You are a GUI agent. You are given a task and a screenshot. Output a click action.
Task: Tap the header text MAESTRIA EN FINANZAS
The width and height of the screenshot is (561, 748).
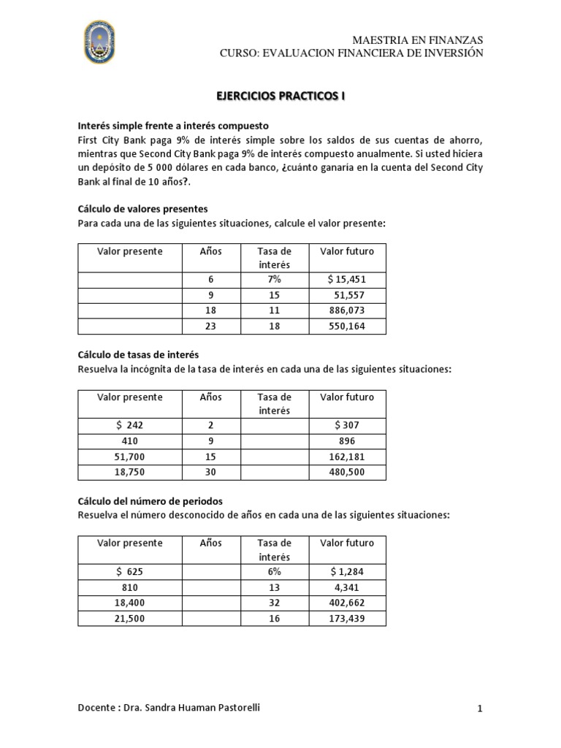[417, 39]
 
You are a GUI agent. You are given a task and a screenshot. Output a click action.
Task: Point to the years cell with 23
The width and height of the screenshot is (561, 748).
[210, 327]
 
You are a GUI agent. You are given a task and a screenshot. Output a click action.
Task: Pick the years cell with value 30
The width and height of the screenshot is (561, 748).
[210, 473]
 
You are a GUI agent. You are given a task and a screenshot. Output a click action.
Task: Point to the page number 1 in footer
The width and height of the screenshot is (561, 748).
[480, 709]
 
